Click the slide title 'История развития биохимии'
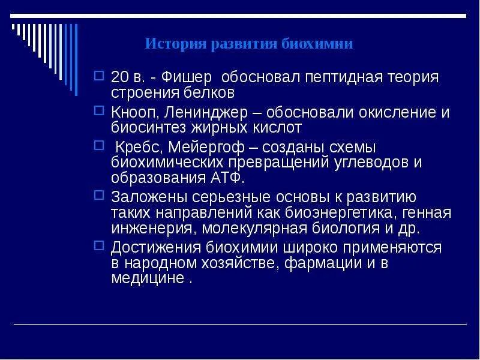click(x=249, y=44)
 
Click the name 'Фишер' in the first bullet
click(x=193, y=77)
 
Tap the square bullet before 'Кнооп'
click(x=100, y=112)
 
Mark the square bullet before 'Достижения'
click(x=100, y=247)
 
